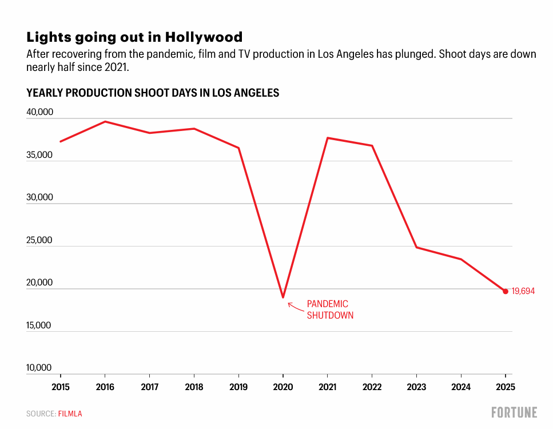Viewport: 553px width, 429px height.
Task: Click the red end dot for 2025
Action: [505, 291]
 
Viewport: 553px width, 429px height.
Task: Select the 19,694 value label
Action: [523, 291]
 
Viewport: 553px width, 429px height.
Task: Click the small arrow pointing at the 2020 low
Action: [295, 307]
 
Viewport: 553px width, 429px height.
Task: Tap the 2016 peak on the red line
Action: [105, 121]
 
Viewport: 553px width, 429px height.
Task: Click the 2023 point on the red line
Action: [416, 247]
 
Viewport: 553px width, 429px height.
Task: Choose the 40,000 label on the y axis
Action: [39, 113]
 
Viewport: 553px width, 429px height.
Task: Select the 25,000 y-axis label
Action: [39, 240]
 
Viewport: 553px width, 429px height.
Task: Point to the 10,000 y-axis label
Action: [39, 368]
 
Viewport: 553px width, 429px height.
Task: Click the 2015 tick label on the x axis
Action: [61, 387]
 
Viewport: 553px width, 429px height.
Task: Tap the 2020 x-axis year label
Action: [283, 387]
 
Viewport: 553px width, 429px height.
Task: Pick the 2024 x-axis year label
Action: [461, 387]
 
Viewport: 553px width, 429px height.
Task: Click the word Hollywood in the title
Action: [204, 37]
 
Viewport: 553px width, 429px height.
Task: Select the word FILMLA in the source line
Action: [70, 414]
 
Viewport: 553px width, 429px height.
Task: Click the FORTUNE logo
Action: [514, 412]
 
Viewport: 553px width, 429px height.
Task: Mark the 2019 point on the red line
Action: [238, 148]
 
